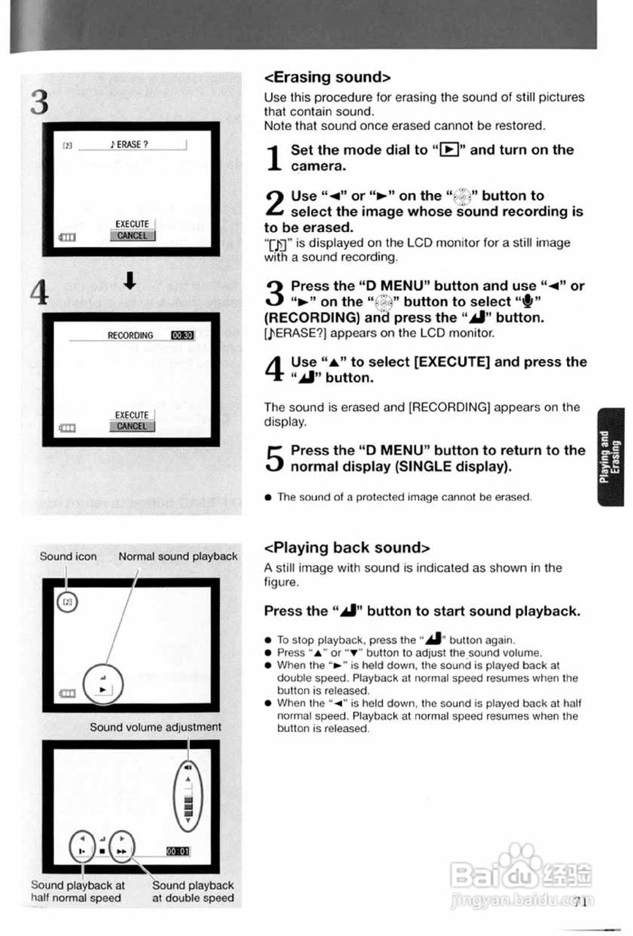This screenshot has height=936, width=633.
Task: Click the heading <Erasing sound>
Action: click(x=327, y=77)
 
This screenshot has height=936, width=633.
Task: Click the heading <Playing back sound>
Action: click(x=347, y=548)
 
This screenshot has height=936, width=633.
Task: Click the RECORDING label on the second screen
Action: click(x=130, y=336)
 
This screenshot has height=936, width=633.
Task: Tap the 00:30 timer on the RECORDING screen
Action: click(x=181, y=336)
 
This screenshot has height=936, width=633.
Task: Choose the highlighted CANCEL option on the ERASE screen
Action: click(x=132, y=235)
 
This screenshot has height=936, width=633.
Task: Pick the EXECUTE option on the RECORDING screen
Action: click(x=132, y=415)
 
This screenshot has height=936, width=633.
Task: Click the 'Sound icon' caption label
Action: click(x=68, y=556)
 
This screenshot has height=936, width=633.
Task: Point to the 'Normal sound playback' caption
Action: click(x=178, y=556)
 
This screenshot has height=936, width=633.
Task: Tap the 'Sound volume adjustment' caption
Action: click(x=155, y=727)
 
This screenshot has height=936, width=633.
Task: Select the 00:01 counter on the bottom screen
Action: click(x=178, y=851)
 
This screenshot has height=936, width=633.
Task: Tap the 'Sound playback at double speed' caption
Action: click(x=193, y=891)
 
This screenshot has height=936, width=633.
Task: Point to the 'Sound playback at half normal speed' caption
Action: click(x=77, y=891)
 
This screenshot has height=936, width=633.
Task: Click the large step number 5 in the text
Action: click(x=273, y=458)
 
